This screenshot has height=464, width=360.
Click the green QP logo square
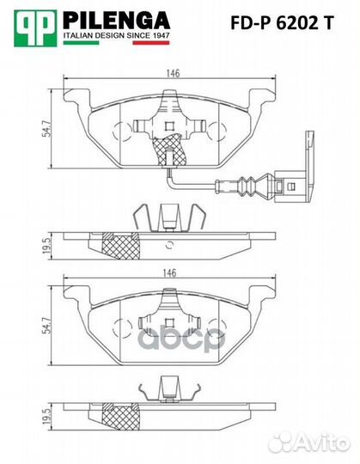coord(35,28)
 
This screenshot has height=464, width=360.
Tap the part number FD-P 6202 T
coord(282,23)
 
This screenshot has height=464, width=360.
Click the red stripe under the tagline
coord(151,43)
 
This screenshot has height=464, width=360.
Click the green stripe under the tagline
coord(81,43)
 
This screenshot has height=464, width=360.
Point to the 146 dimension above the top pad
coord(172,73)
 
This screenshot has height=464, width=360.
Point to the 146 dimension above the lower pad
coord(170,272)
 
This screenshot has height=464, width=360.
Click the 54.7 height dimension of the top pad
coord(46,129)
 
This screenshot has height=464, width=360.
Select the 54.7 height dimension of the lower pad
coord(46,326)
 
